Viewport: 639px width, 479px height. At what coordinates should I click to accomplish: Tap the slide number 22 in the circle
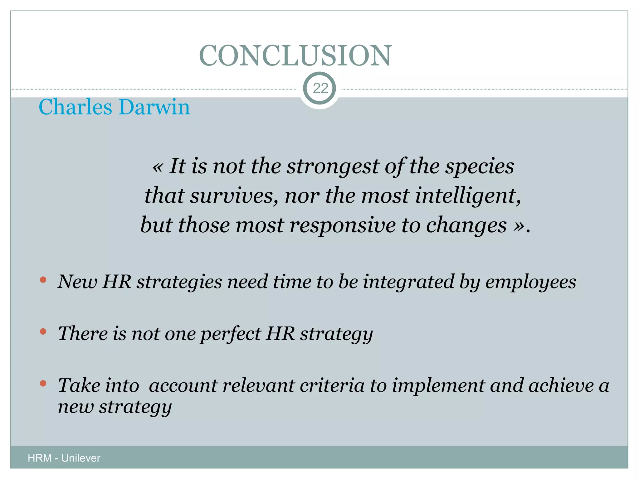[x=320, y=88]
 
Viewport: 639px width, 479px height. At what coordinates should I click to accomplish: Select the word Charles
[x=75, y=107]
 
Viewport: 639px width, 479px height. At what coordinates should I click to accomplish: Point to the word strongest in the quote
[x=333, y=167]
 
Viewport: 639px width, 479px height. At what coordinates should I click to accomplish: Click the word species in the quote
[x=479, y=167]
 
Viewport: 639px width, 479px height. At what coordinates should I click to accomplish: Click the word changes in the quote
[x=466, y=225]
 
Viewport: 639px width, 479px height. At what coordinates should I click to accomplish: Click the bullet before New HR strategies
[x=43, y=279]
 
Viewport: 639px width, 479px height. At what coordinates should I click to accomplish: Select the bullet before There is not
[x=43, y=331]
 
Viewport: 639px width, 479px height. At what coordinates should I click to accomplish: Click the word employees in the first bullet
[x=530, y=282]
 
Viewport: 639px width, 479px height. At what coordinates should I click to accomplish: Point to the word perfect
[x=230, y=334]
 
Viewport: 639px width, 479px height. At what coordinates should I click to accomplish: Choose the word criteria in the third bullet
[x=332, y=385]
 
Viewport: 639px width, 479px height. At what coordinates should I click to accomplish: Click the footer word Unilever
[x=81, y=458]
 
